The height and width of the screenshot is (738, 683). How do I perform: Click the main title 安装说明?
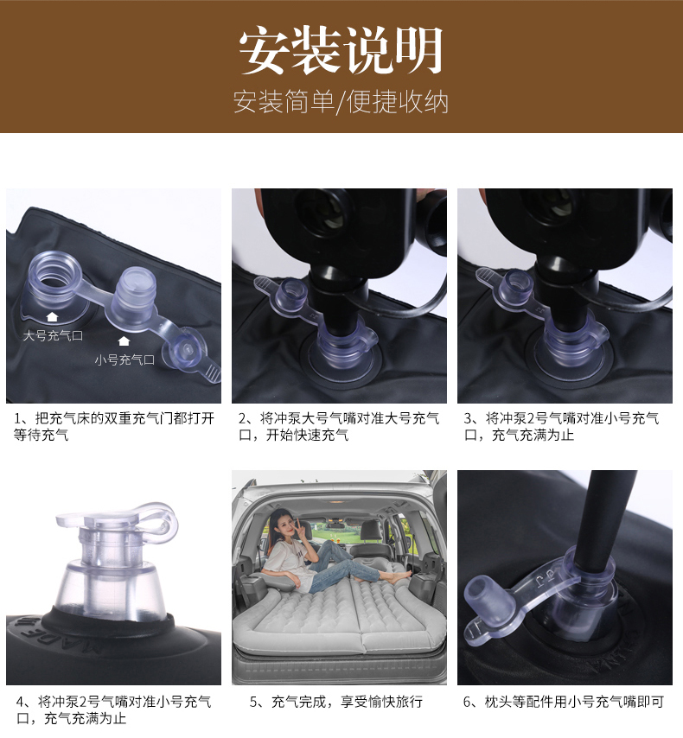click(341, 50)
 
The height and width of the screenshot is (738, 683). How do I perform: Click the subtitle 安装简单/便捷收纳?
click(341, 101)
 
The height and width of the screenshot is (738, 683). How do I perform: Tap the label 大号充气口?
click(54, 335)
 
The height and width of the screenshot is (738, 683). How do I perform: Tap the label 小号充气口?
click(124, 360)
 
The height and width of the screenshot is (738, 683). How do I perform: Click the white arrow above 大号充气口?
click(52, 316)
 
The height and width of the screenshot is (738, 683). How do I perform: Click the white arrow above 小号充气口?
click(124, 340)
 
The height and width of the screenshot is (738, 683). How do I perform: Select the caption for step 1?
click(114, 426)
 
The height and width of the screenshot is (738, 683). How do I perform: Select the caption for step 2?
click(339, 426)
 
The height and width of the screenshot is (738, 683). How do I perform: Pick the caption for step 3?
click(562, 426)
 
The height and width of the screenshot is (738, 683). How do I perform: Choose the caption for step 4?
click(113, 710)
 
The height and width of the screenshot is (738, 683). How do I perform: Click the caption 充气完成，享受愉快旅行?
click(336, 703)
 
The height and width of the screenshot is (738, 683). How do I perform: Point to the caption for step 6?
click(564, 703)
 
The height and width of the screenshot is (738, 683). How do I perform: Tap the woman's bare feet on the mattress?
click(399, 576)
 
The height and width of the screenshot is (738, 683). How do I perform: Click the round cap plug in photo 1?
click(185, 350)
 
